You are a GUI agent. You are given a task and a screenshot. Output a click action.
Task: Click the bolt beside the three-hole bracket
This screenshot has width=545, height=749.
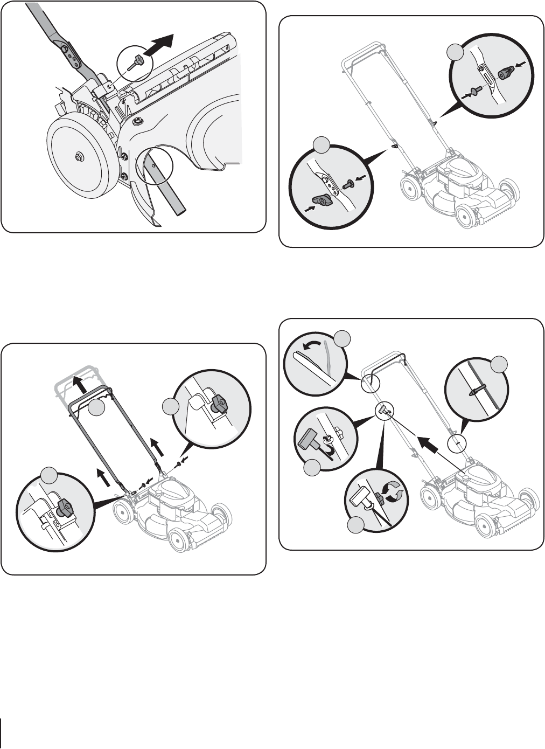pos(348,184)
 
